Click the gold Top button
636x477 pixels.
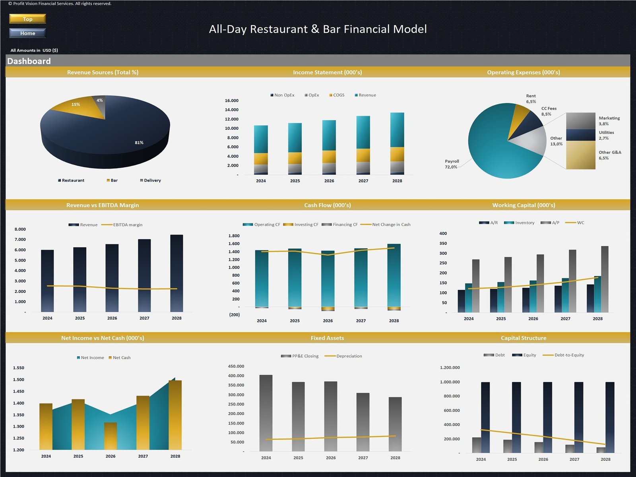pyautogui.click(x=27, y=19)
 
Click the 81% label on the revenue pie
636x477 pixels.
pyautogui.click(x=139, y=143)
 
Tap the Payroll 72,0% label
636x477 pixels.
pyautogui.click(x=452, y=164)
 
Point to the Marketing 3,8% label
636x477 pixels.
pyautogui.click(x=609, y=121)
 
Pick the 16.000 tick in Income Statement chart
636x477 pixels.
pyautogui.click(x=232, y=101)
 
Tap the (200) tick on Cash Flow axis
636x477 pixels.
pyautogui.click(x=235, y=315)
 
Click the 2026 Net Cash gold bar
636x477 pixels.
pyautogui.click(x=111, y=436)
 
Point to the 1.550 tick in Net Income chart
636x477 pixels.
pyautogui.click(x=19, y=368)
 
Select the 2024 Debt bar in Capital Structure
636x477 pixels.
pyautogui.click(x=476, y=445)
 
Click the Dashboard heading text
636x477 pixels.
pyautogui.click(x=29, y=61)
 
